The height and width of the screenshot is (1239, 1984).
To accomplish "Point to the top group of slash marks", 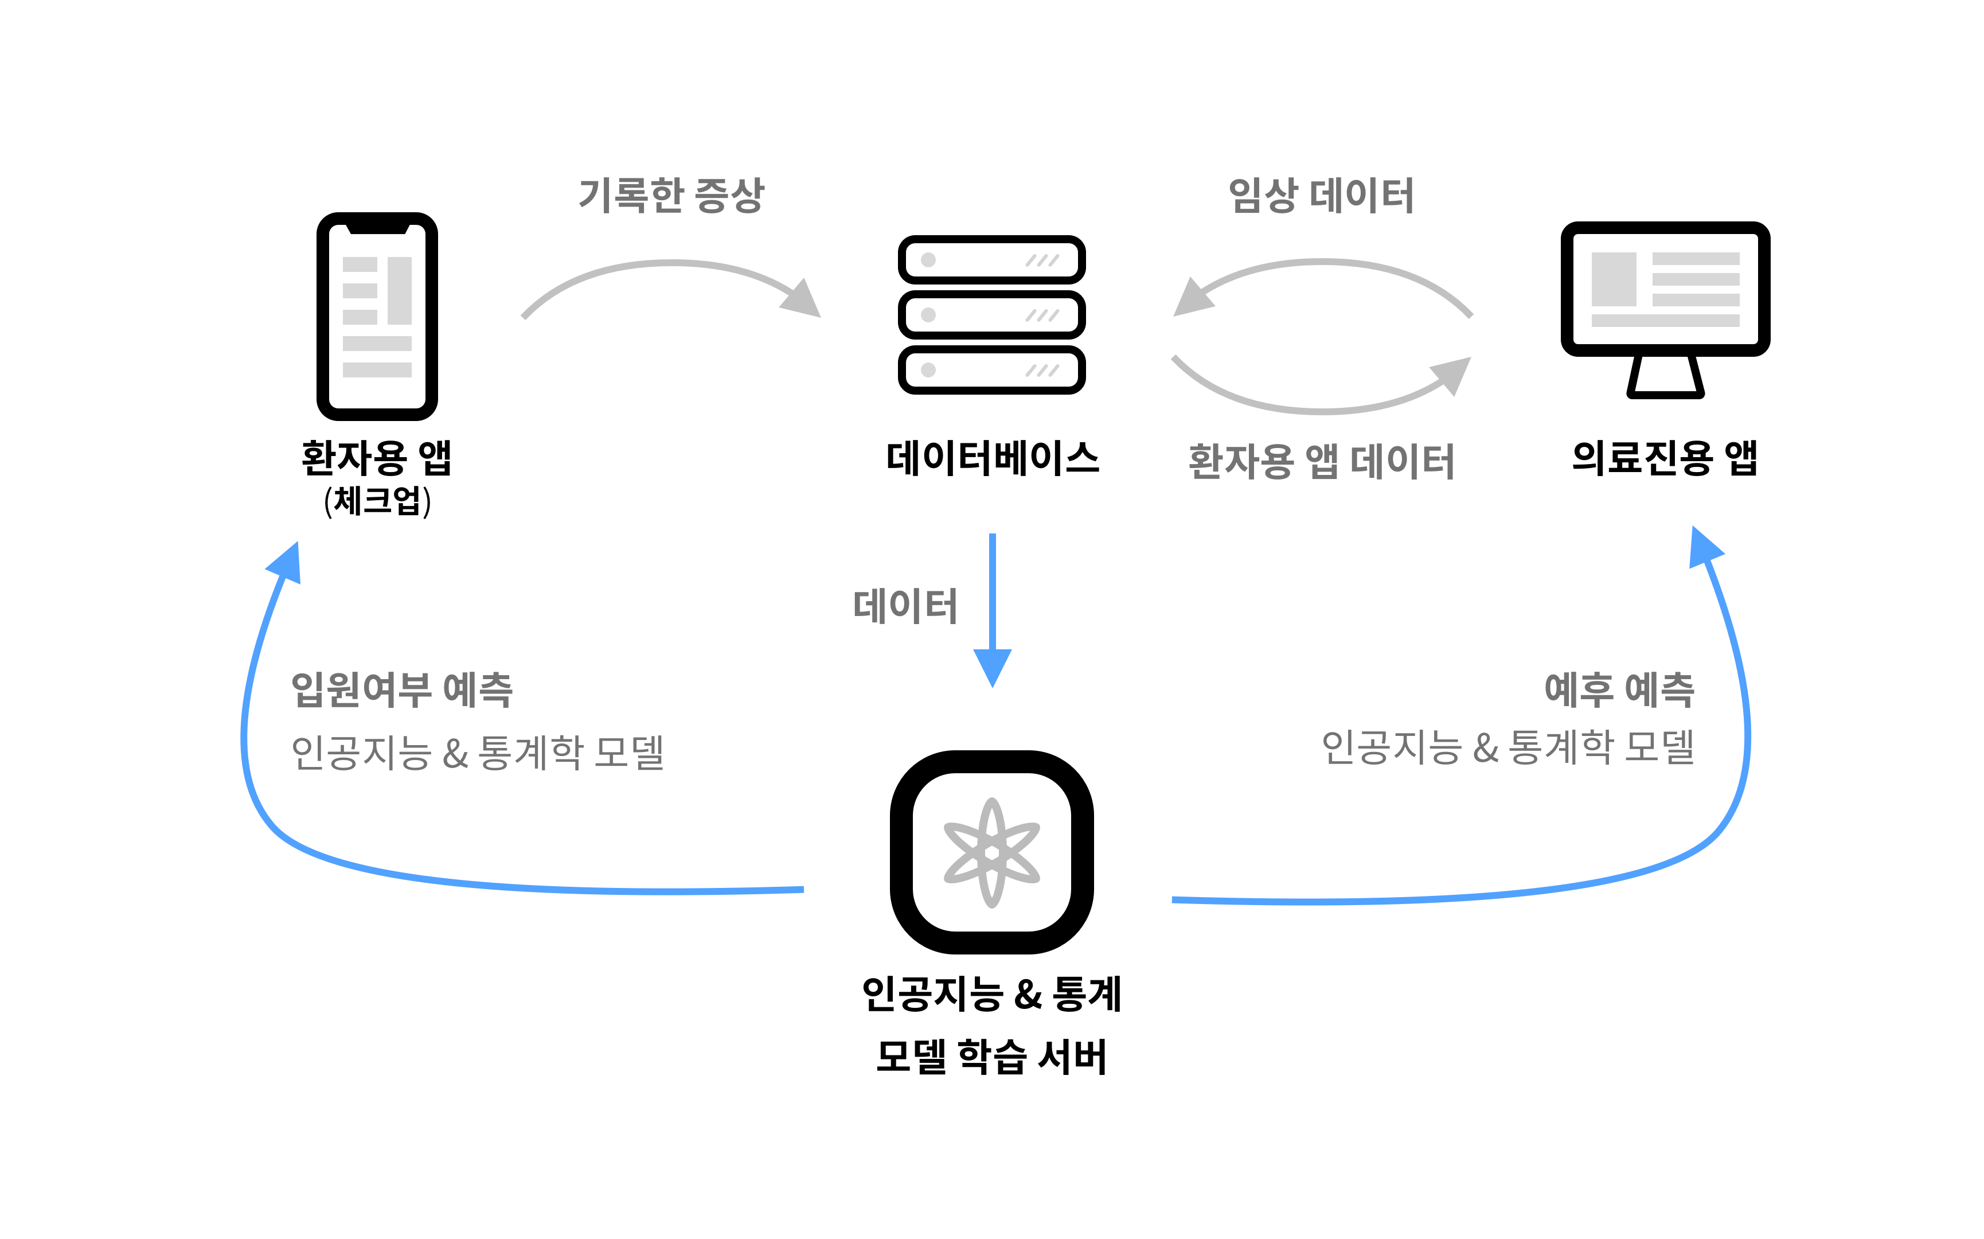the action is coord(1042,260).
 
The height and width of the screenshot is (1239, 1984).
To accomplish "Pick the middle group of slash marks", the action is coord(1042,315).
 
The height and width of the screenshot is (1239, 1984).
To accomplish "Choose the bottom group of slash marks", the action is coord(1042,371).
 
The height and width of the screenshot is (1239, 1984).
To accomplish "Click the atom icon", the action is coord(992,852).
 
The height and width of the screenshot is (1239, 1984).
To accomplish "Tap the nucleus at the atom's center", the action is coord(992,852).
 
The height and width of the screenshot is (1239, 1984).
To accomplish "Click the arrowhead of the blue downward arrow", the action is coord(992,665).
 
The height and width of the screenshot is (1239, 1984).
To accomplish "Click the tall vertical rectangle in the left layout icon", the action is coord(400,290).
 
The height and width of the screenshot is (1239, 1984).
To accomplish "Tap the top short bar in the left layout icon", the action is coord(360,264).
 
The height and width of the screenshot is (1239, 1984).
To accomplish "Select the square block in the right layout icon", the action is coord(1614,279).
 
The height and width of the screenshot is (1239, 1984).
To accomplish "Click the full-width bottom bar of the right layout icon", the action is coord(1665,321).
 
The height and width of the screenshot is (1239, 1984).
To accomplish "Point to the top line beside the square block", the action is coord(1696,259).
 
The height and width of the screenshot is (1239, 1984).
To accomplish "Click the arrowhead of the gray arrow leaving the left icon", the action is coord(803,300).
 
